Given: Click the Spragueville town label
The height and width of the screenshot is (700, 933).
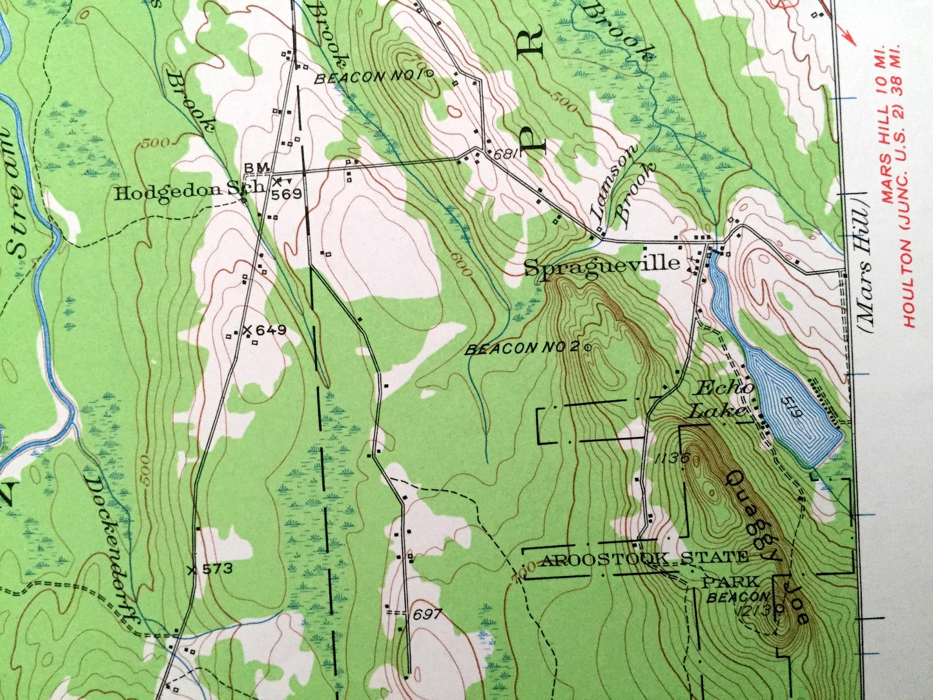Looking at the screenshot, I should click(601, 265).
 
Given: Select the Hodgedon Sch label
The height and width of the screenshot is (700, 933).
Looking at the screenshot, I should click(189, 192).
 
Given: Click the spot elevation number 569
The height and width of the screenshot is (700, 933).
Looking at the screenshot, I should click(287, 194).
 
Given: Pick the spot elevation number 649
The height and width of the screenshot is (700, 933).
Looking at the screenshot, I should click(270, 331).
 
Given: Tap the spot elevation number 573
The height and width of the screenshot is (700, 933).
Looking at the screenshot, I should click(216, 570).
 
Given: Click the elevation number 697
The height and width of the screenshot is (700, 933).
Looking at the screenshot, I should click(427, 614).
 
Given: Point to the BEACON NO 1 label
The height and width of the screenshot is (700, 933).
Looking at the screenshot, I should click(367, 77).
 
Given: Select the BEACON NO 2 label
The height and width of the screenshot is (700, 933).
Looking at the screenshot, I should click(522, 348).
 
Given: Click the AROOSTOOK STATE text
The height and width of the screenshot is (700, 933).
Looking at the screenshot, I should click(644, 559).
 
